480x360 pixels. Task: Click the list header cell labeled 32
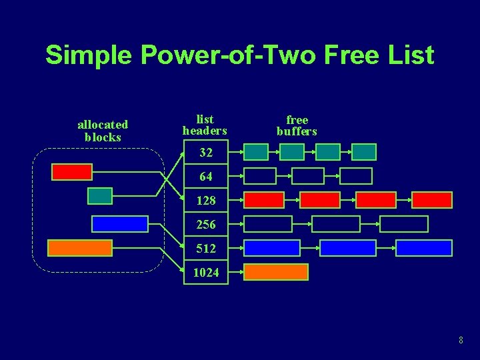[x=206, y=153]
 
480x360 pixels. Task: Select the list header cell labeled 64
[x=206, y=177]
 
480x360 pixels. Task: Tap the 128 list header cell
[x=206, y=200]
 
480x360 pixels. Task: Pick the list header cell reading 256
[x=206, y=224]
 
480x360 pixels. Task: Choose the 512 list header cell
[x=206, y=248]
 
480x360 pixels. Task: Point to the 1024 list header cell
[x=206, y=272]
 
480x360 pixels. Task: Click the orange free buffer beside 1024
[x=276, y=272]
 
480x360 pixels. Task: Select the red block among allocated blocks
[x=72, y=172]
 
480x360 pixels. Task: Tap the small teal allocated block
[x=100, y=195]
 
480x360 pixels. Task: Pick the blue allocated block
[x=120, y=224]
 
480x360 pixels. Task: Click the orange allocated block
[x=80, y=248]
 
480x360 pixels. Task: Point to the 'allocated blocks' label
[x=103, y=131]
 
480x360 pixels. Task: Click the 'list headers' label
[x=205, y=125]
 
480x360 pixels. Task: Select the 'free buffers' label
[x=297, y=125]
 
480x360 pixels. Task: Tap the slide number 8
[x=461, y=341]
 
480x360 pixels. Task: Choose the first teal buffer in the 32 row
[x=256, y=153]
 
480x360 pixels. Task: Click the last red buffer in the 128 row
[x=432, y=200]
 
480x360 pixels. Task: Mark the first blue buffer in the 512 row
[x=271, y=248]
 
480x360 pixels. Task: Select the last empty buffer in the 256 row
[x=403, y=224]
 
